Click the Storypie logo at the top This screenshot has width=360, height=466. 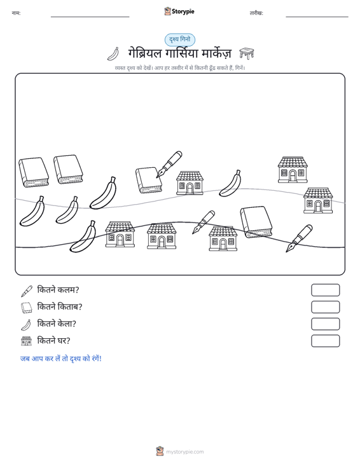point(179,11)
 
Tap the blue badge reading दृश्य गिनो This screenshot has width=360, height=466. point(180,40)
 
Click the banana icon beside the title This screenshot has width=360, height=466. point(113,54)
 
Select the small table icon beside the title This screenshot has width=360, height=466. point(246,53)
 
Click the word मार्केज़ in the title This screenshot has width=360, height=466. point(216,53)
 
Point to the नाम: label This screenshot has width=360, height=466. point(16,13)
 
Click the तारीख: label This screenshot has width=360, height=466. point(256,13)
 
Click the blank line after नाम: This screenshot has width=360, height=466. point(90,17)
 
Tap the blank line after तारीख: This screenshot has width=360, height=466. point(317,17)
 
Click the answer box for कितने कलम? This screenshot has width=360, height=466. point(325,290)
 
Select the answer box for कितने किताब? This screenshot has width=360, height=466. point(325,307)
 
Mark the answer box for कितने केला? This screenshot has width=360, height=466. point(325,324)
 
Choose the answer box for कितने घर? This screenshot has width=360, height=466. point(325,341)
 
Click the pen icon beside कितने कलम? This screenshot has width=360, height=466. point(27,291)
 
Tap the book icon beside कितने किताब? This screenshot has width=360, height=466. point(27,308)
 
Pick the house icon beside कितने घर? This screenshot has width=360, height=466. point(27,341)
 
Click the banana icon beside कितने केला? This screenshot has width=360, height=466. point(26,324)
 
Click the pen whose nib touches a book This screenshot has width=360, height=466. point(169,164)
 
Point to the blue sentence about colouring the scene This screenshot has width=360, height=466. point(61,359)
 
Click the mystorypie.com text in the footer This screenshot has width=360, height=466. point(185,452)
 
